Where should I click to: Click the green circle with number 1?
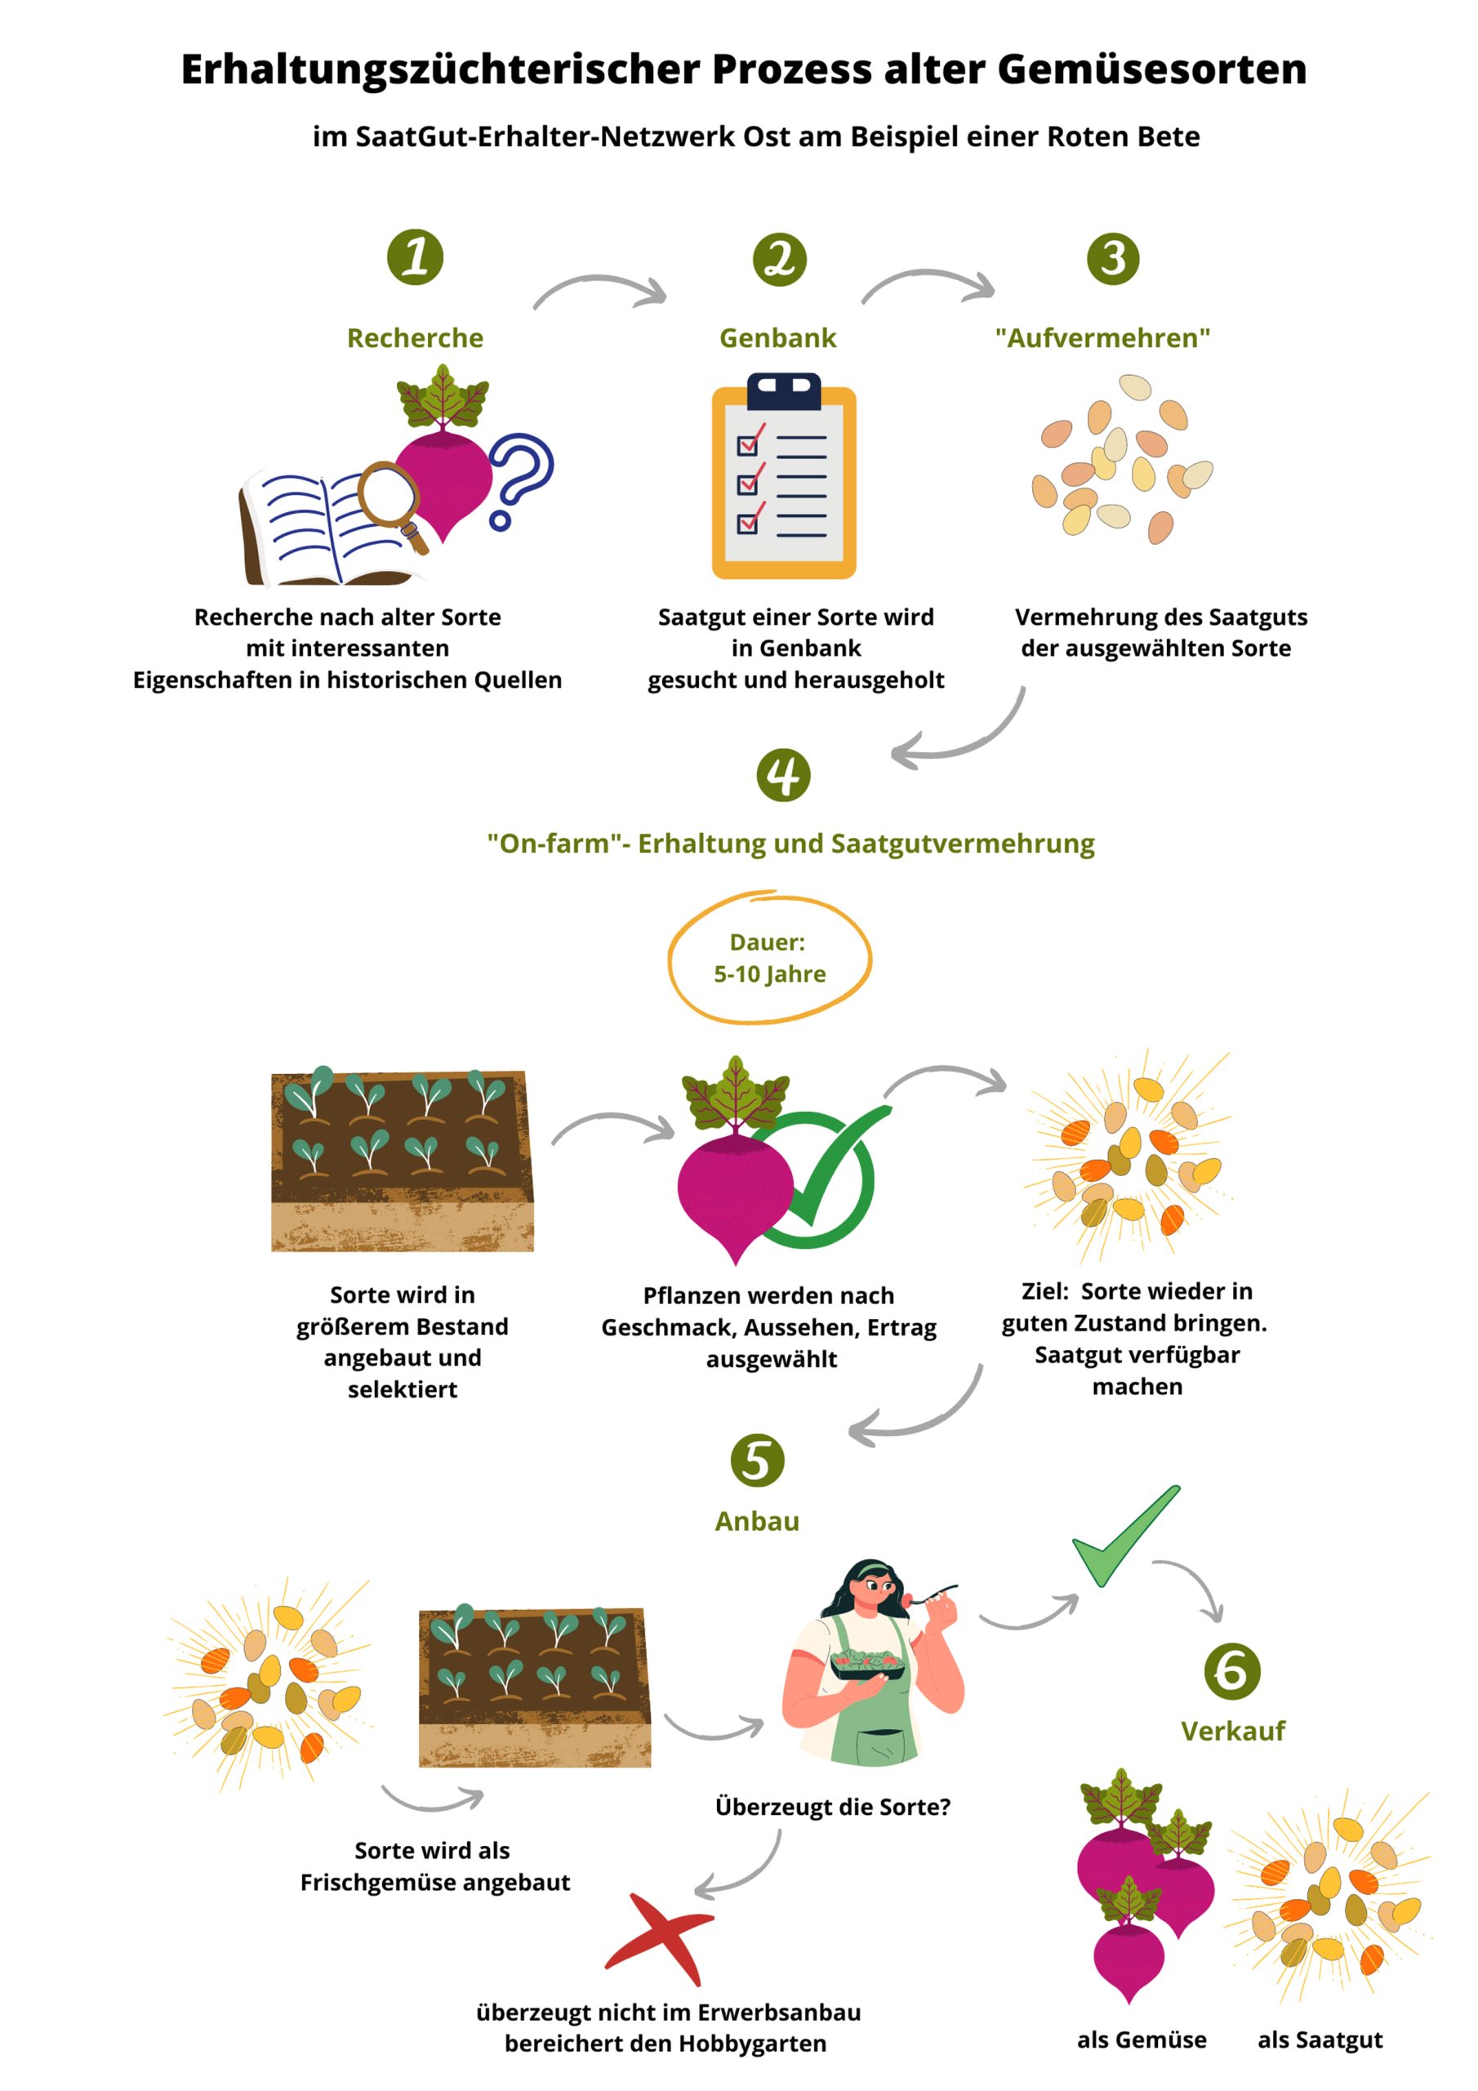(416, 256)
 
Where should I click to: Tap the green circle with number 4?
(783, 775)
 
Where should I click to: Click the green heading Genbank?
(777, 338)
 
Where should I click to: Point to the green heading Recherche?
(416, 338)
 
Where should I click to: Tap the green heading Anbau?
(757, 1521)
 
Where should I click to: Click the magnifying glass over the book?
(390, 502)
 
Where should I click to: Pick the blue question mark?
(520, 481)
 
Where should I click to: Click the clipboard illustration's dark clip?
(784, 390)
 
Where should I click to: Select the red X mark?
(658, 1938)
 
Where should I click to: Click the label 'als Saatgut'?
(1320, 2040)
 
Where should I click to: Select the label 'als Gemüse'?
(1141, 2040)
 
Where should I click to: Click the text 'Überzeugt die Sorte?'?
(832, 1807)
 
